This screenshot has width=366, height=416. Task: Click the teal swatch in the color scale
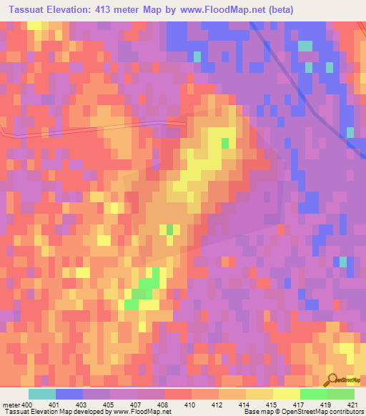tap(42, 394)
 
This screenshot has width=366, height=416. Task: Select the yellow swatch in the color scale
tap(286, 394)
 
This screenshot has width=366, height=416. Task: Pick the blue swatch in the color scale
tap(69, 394)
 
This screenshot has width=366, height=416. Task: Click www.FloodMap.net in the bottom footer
tap(146, 412)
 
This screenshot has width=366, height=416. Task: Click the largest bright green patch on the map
tap(147, 286)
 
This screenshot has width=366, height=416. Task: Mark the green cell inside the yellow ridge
tap(225, 143)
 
